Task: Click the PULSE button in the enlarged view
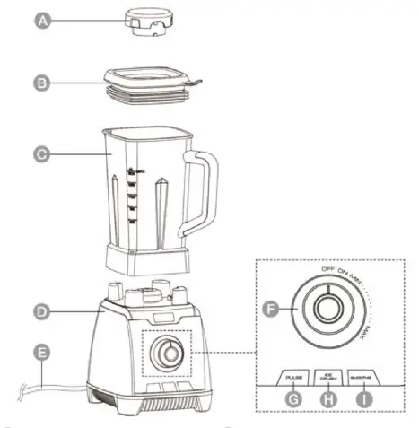click(293, 376)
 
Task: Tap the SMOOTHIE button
click(364, 376)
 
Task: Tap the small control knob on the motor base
click(166, 354)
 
